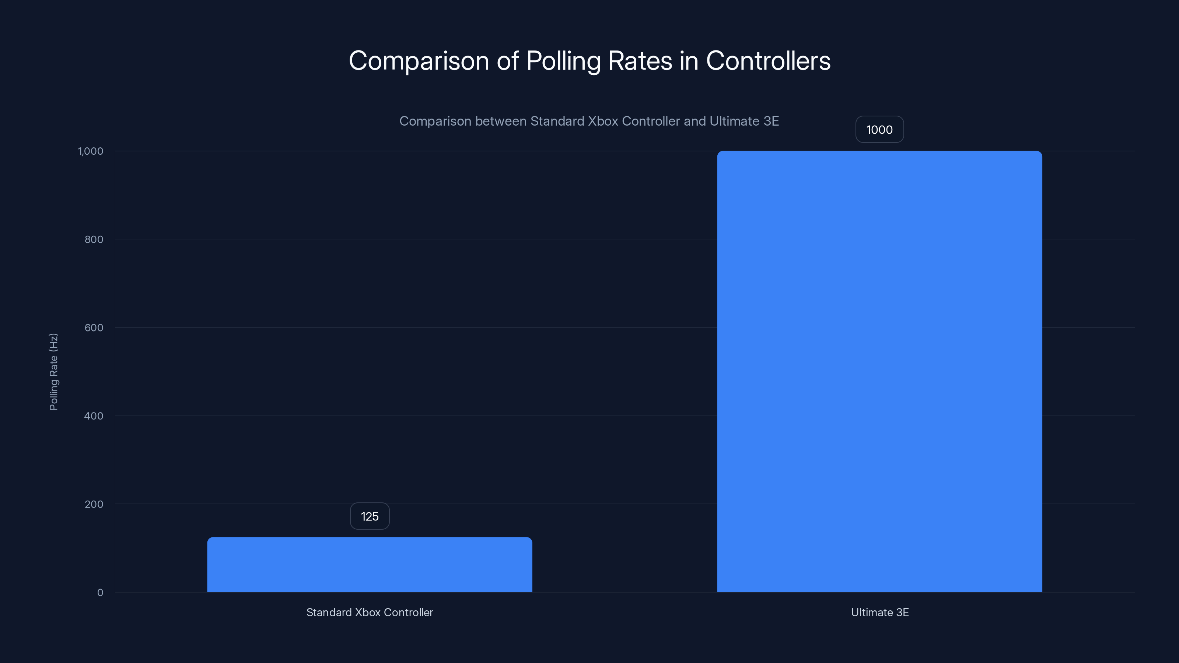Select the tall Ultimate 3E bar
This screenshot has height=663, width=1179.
coord(879,371)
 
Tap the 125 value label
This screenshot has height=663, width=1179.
coord(369,516)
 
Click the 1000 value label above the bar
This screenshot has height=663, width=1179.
coord(879,130)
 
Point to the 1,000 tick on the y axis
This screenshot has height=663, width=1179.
coord(91,151)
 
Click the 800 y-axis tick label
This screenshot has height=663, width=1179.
coord(94,239)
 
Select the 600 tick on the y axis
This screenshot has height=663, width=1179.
coord(94,327)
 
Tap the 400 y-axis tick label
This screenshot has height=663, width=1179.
coord(94,416)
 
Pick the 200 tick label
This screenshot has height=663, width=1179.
coord(94,504)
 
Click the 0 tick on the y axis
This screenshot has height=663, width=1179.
coord(100,593)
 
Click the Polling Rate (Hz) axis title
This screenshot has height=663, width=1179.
coord(53,372)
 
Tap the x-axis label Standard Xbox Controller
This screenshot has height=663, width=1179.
coord(369,612)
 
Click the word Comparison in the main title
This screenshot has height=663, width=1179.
coord(419,61)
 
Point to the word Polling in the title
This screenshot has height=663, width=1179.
coord(563,61)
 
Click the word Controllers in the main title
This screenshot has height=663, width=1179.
coord(768,61)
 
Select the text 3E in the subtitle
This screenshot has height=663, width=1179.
coord(771,121)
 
